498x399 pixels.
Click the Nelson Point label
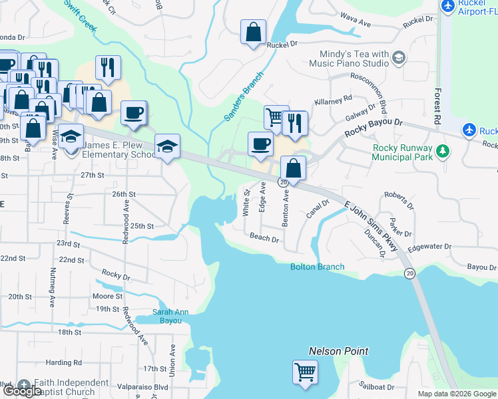(x=338, y=350)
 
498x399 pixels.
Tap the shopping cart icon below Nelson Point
(x=305, y=372)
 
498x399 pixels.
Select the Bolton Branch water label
(x=318, y=267)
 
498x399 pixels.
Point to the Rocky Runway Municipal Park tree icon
(x=441, y=154)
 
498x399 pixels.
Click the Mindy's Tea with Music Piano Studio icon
(x=399, y=58)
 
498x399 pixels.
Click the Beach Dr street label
(x=264, y=237)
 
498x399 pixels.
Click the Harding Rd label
(x=65, y=363)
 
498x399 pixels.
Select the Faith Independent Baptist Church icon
(x=24, y=386)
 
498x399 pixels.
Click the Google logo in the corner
(x=23, y=391)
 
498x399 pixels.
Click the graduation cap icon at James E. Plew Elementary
(x=71, y=136)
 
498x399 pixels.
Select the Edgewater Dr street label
(x=429, y=247)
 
